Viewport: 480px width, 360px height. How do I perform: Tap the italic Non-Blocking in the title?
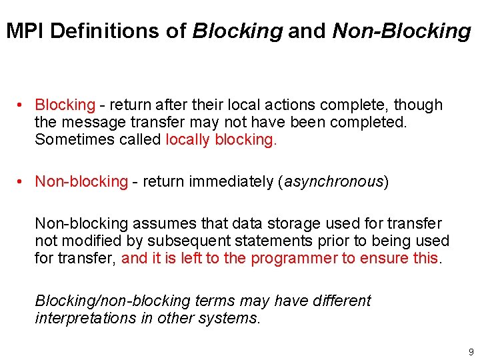pyautogui.click(x=401, y=31)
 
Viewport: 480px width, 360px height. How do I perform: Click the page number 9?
pyautogui.click(x=471, y=351)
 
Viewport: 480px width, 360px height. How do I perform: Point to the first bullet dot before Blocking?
pyautogui.click(x=21, y=105)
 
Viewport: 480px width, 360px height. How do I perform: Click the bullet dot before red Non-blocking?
pyautogui.click(x=21, y=181)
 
